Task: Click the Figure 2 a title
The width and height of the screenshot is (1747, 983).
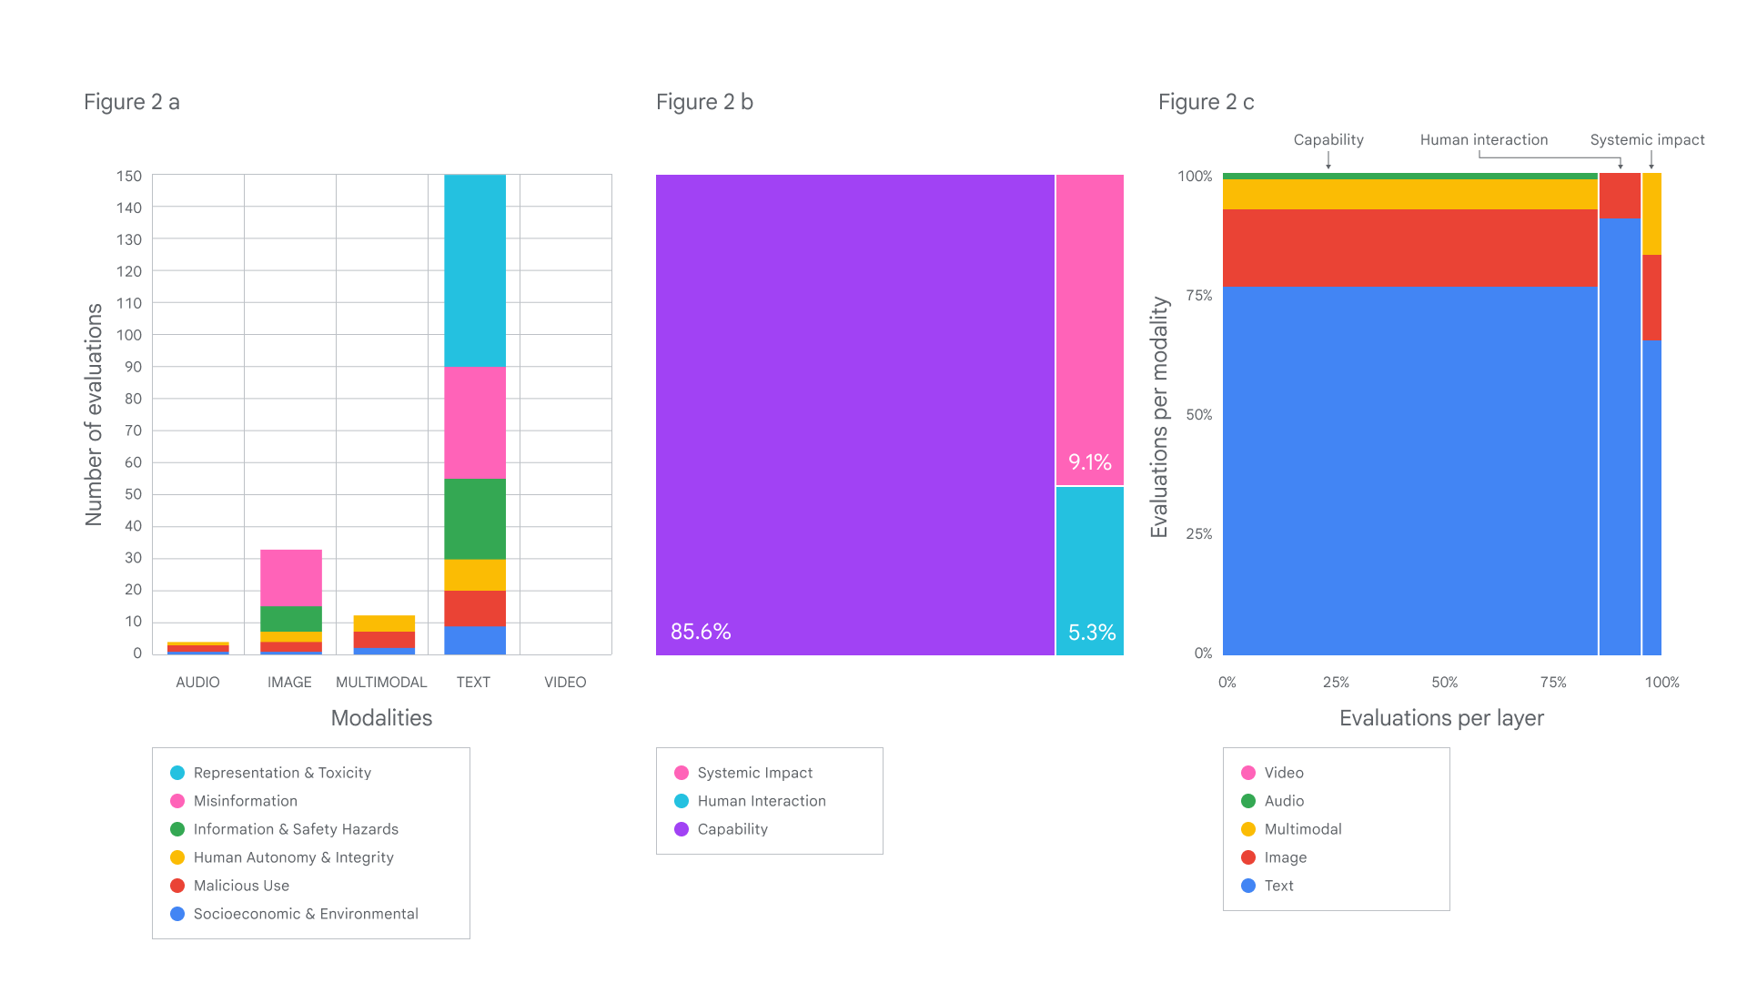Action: pyautogui.click(x=131, y=102)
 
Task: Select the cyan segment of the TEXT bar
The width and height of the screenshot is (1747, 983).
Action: pyautogui.click(x=474, y=270)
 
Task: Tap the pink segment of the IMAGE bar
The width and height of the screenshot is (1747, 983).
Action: pyautogui.click(x=290, y=577)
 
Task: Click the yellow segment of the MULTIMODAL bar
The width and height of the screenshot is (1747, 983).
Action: pyautogui.click(x=384, y=623)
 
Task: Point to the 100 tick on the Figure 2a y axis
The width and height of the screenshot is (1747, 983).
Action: pyautogui.click(x=129, y=335)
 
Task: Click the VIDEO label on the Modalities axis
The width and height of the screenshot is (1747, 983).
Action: pyautogui.click(x=564, y=682)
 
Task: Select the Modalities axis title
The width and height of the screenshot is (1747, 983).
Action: pyautogui.click(x=381, y=718)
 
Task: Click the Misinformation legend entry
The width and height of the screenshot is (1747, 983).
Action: pyautogui.click(x=245, y=801)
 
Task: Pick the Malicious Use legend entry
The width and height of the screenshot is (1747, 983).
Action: pyautogui.click(x=241, y=886)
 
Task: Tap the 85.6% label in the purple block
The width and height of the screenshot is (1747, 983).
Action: pyautogui.click(x=701, y=632)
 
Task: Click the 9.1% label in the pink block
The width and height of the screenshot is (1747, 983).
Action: pyautogui.click(x=1089, y=462)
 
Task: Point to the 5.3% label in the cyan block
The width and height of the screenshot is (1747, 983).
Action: pyautogui.click(x=1091, y=633)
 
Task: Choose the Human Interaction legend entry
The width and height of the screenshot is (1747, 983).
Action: pyautogui.click(x=761, y=801)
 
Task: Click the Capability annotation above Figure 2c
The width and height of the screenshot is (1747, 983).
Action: pyautogui.click(x=1328, y=140)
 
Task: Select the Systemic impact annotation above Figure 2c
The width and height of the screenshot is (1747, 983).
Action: pyautogui.click(x=1647, y=140)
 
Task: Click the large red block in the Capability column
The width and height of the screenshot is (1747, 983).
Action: pyautogui.click(x=1409, y=248)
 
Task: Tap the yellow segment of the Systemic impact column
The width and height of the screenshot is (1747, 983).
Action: pyautogui.click(x=1651, y=214)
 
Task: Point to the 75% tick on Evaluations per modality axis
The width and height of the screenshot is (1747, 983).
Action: pyautogui.click(x=1198, y=295)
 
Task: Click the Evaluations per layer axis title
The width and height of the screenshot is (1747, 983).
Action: pyautogui.click(x=1440, y=718)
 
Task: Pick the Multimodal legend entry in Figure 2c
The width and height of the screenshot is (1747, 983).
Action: pyautogui.click(x=1302, y=829)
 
